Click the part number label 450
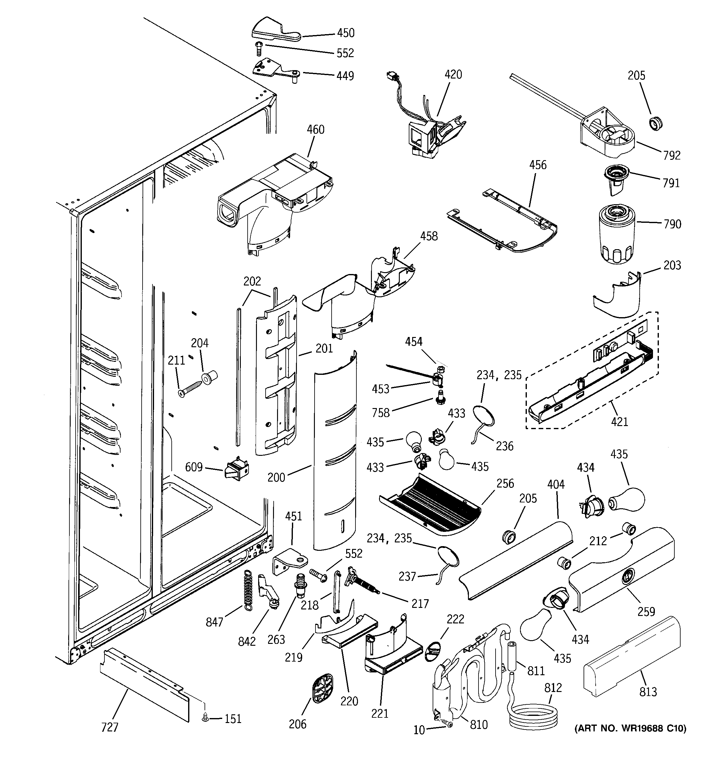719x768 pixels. coord(346,33)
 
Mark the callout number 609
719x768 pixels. coord(194,467)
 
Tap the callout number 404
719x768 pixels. coord(556,484)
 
